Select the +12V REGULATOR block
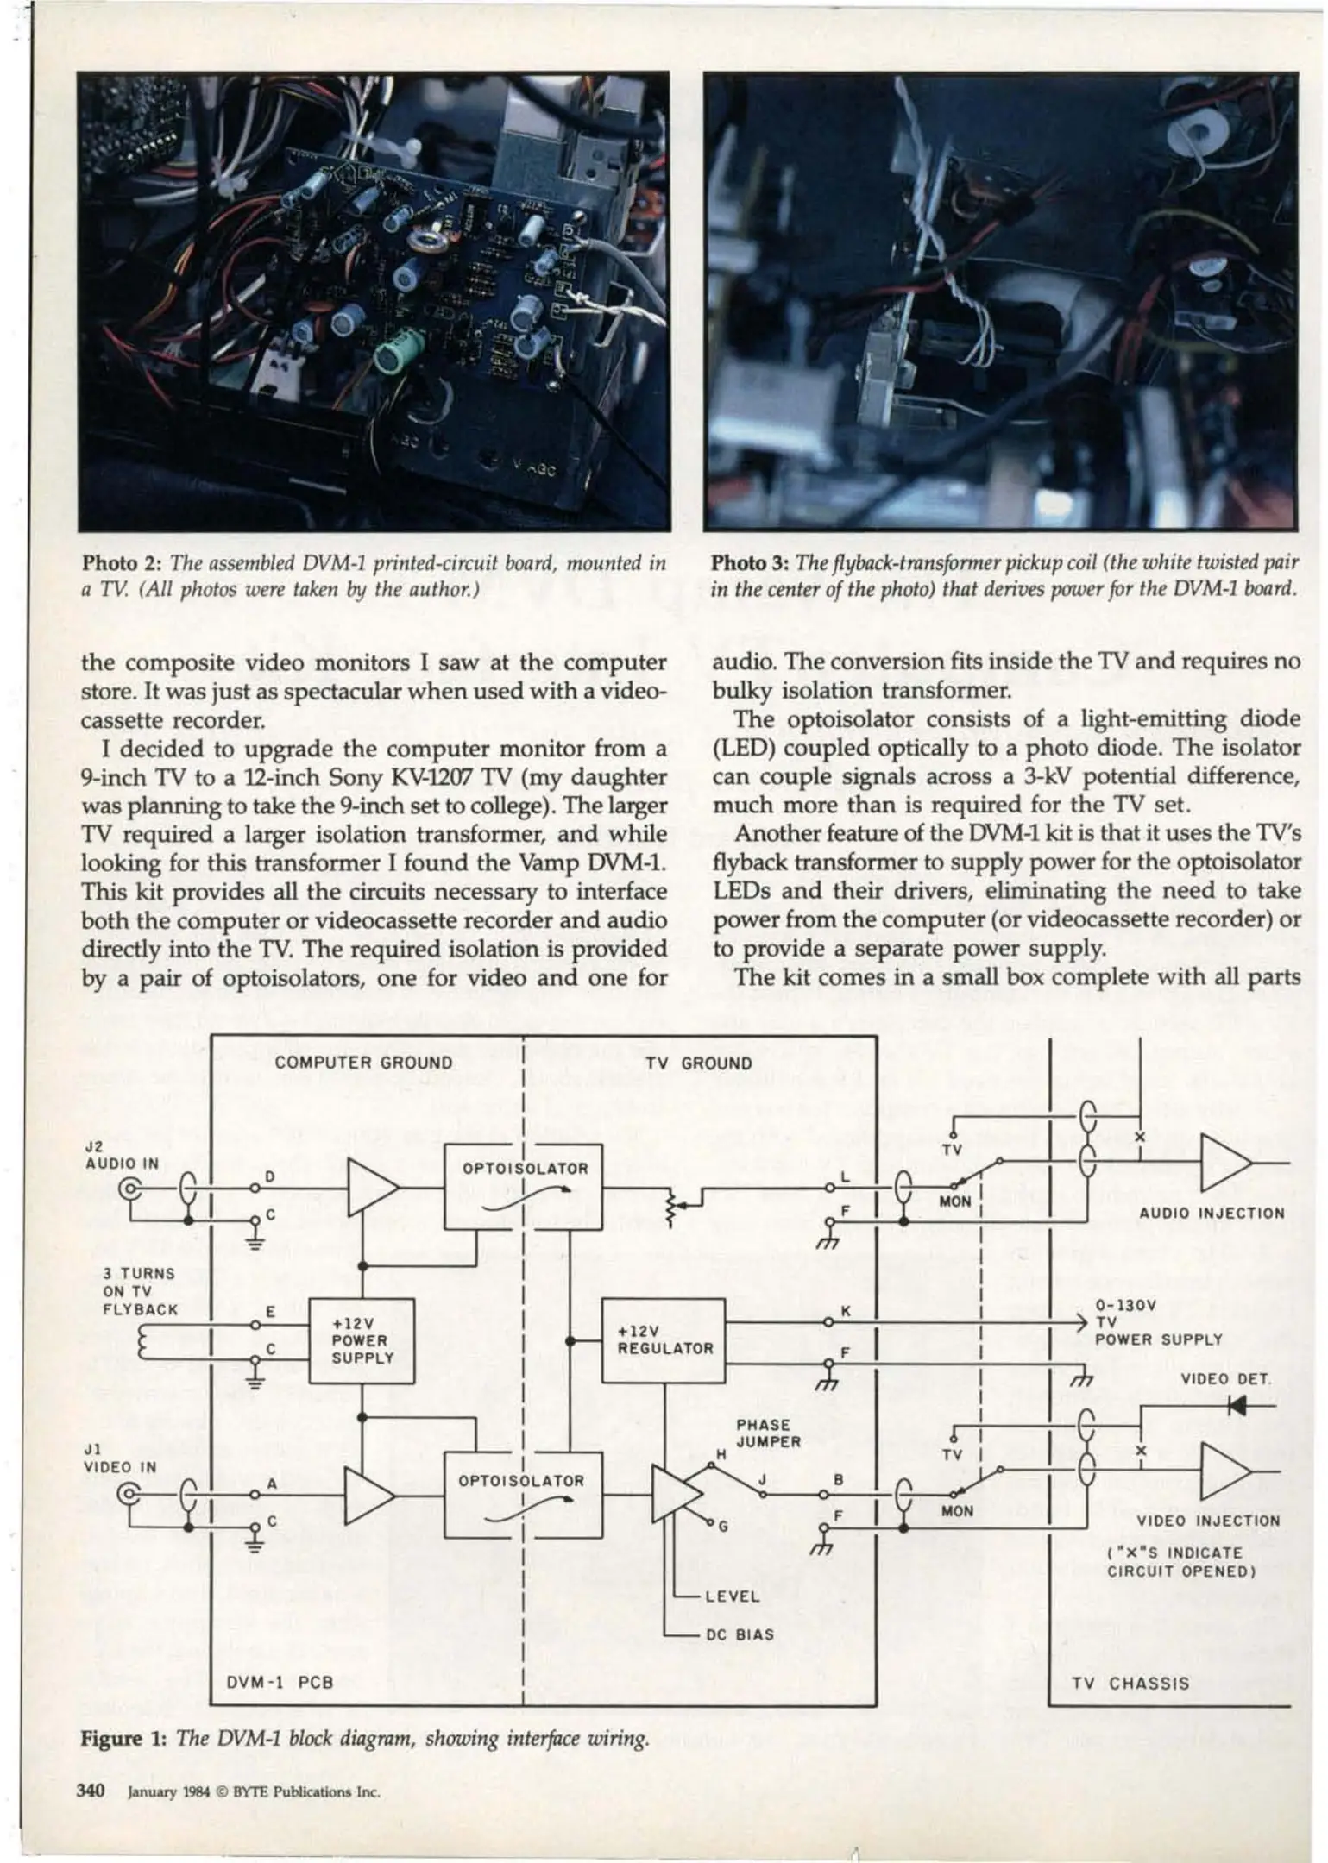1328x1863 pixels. pos(663,1339)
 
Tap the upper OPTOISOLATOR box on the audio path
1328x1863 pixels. pos(523,1186)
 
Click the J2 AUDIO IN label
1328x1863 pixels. pos(122,1155)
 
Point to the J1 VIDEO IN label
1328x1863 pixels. pos(119,1458)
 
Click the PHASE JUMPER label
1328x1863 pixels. pos(768,1433)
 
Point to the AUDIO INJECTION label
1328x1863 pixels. pos(1212,1214)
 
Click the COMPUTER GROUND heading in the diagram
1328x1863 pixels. pos(363,1063)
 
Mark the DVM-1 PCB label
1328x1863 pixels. pos(279,1682)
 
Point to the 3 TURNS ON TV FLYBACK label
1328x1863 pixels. pos(140,1291)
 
